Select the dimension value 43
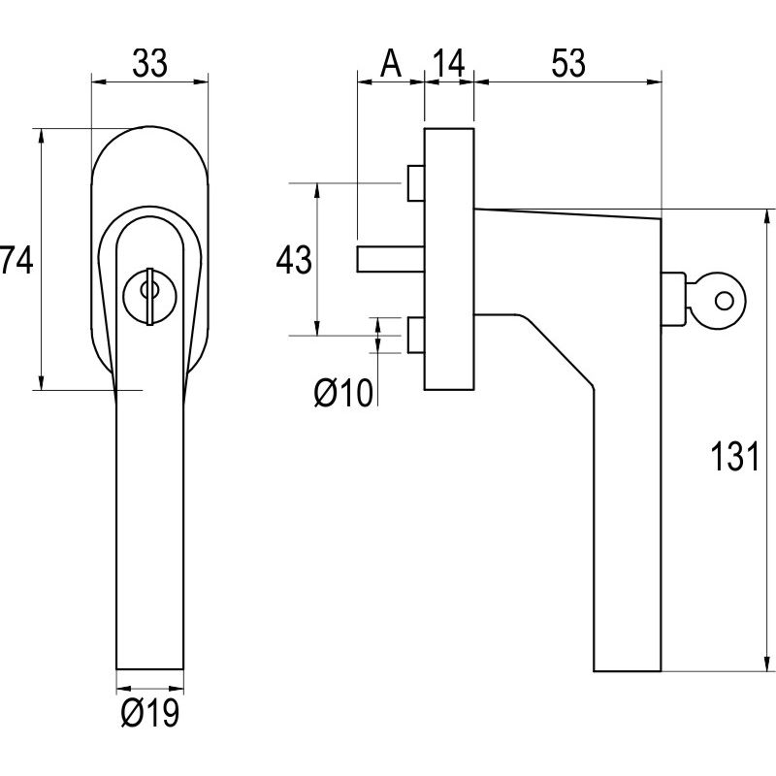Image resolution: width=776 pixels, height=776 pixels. click(294, 261)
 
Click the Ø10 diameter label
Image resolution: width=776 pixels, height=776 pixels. click(343, 393)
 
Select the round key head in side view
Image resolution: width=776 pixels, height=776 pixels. click(722, 300)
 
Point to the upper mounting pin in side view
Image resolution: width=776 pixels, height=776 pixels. click(415, 183)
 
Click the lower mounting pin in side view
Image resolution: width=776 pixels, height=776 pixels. click(415, 335)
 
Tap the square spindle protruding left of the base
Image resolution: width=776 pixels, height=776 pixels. click(389, 260)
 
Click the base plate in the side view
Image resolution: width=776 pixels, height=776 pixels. click(449, 258)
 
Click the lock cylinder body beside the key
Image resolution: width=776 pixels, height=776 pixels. click(674, 300)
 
